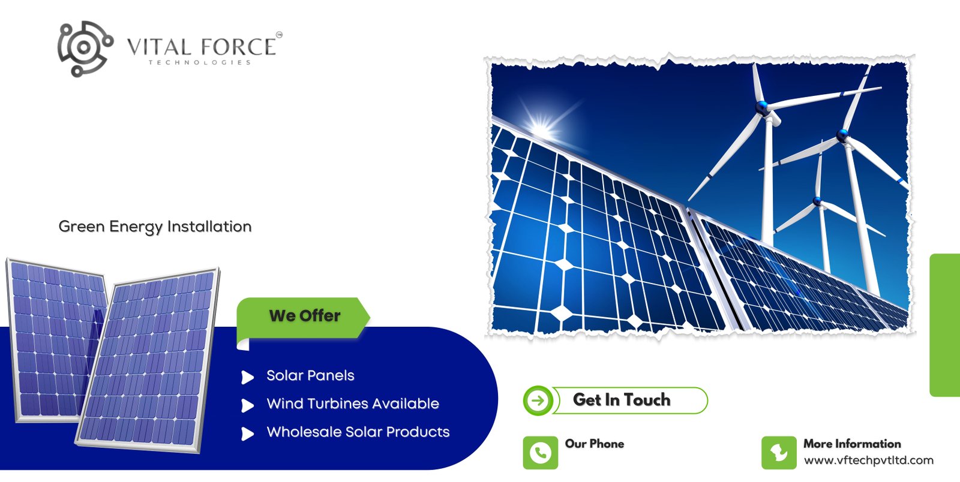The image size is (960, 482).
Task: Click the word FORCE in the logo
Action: click(x=238, y=47)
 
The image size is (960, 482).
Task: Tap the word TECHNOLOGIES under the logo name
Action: click(x=200, y=62)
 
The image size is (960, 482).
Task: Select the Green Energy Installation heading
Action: click(x=155, y=227)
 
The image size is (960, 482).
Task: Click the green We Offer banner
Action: click(x=304, y=316)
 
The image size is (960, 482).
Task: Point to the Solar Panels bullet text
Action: click(x=310, y=376)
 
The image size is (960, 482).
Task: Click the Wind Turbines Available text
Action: click(x=353, y=404)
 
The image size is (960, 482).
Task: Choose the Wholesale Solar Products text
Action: click(x=358, y=432)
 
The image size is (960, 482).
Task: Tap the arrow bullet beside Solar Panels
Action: click(x=247, y=377)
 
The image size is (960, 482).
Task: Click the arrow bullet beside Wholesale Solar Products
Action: click(x=247, y=433)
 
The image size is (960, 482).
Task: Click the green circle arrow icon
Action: click(x=538, y=400)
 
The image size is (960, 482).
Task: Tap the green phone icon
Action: click(x=540, y=453)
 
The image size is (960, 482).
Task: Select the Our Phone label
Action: click(x=594, y=444)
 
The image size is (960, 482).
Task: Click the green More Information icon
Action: click(x=779, y=453)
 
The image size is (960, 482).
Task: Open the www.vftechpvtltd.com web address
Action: click(x=868, y=460)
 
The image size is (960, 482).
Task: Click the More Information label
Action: click(x=852, y=444)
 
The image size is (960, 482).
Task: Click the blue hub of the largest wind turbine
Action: click(x=763, y=109)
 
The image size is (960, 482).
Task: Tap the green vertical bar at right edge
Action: click(x=945, y=325)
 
